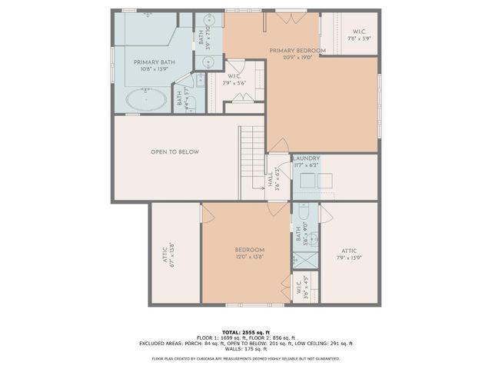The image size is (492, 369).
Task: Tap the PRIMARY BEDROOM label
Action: pos(298,51)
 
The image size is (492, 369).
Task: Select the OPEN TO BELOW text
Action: pos(175,152)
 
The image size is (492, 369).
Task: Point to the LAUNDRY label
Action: pos(306,158)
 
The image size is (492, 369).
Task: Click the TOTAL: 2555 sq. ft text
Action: pos(246,331)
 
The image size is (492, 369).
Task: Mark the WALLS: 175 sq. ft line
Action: pos(246,348)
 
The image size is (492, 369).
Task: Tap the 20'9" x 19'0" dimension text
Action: pos(298,57)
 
